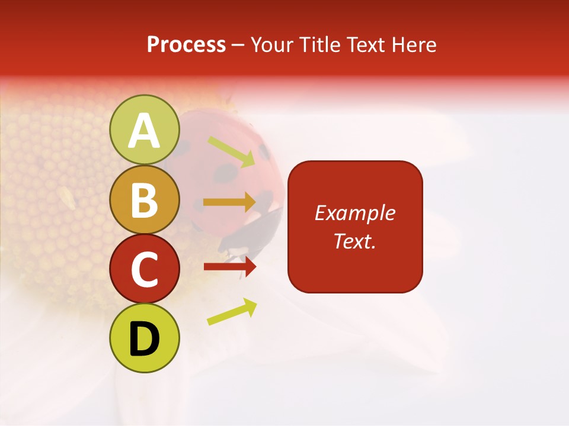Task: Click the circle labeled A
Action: point(145,130)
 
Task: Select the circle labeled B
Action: point(145,199)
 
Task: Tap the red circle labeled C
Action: point(145,269)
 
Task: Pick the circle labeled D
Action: point(145,338)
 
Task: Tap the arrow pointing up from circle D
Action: point(232,311)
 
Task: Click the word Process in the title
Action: point(186,45)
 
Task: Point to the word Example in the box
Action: point(354,213)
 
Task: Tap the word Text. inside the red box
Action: point(354,241)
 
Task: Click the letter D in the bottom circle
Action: point(145,339)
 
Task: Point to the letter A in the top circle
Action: point(145,131)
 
